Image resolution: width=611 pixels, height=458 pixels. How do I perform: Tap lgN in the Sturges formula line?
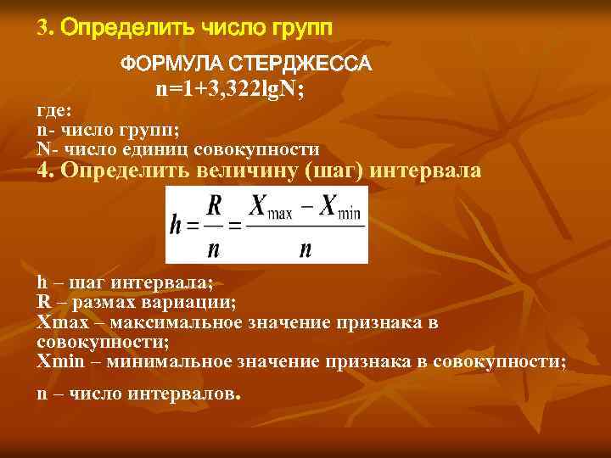pos(270,91)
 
